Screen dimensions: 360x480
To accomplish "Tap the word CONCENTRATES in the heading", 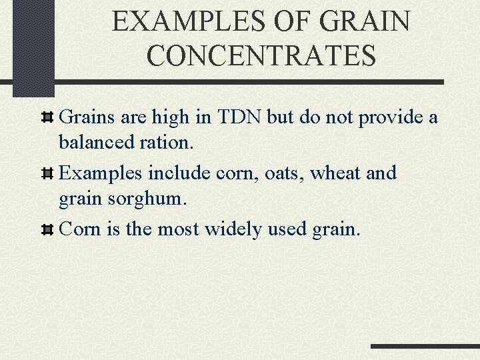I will [261, 55].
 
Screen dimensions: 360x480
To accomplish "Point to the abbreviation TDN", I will [239, 117].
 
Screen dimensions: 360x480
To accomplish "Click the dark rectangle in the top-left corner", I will [33, 47].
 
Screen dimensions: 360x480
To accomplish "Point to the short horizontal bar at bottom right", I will [424, 346].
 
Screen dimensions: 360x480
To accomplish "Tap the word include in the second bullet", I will [179, 173].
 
